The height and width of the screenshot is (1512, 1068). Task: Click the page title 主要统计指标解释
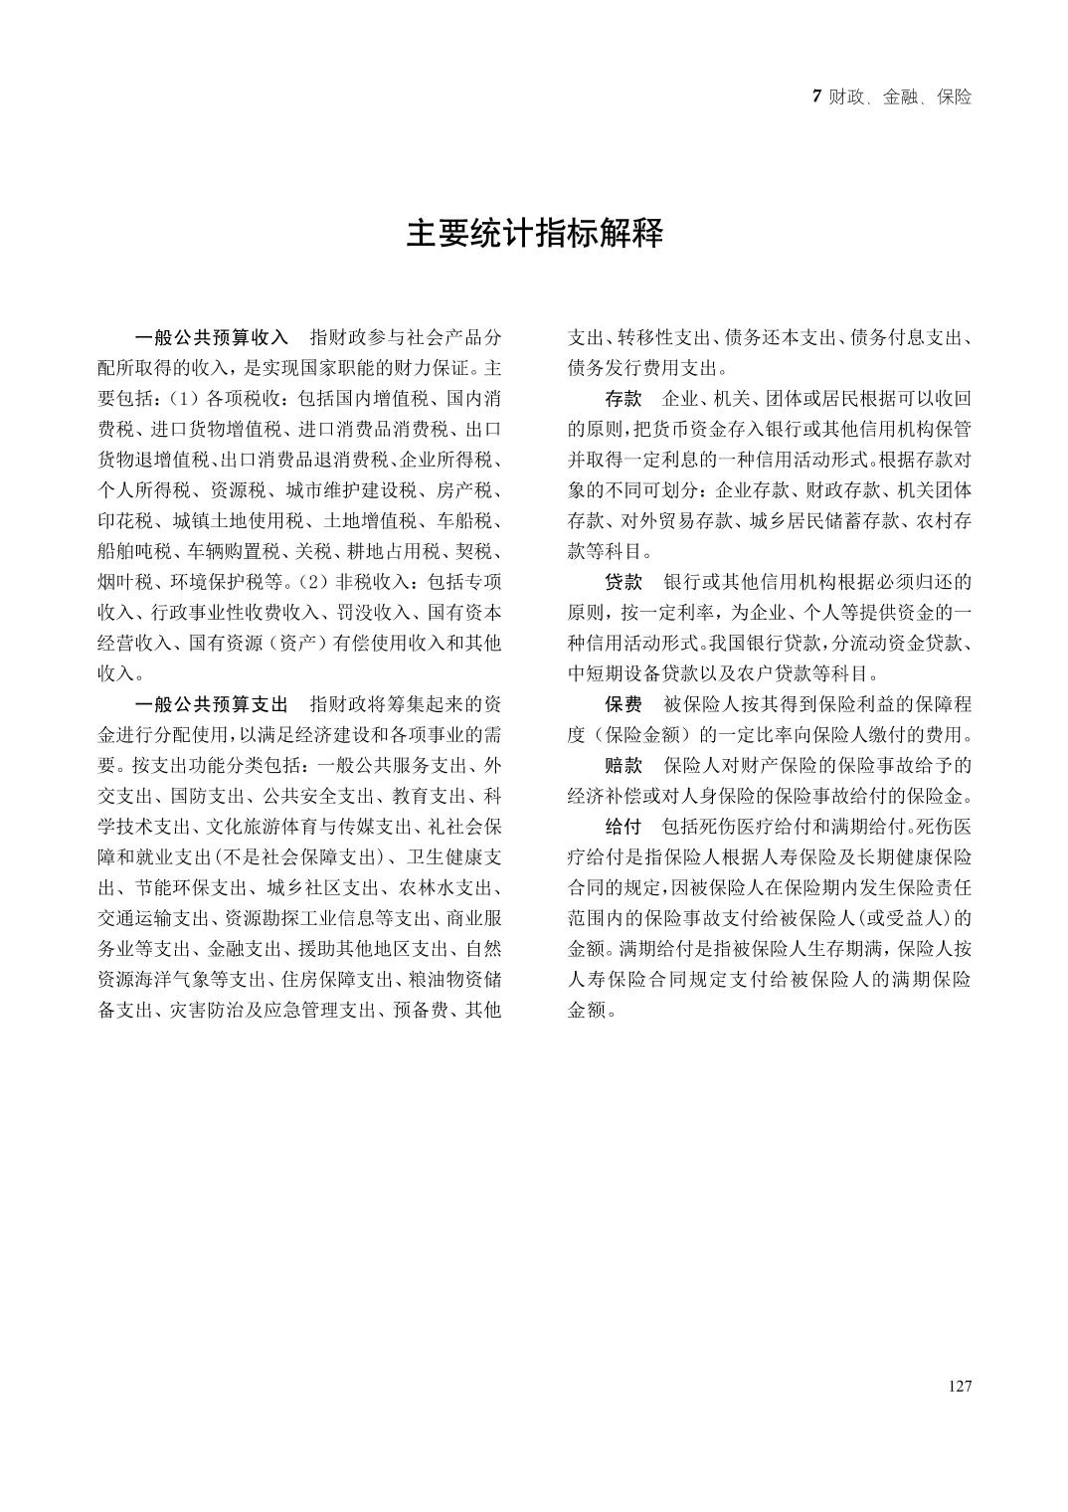coord(534,234)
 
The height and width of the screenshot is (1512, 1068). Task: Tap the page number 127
coord(960,1387)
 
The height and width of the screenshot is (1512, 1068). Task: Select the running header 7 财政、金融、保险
coord(892,97)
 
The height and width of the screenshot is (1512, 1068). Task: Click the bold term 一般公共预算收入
coord(211,337)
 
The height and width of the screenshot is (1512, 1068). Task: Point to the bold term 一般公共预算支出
coord(211,704)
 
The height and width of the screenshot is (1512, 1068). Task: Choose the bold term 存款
coord(623,399)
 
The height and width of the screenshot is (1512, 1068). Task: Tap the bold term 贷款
coord(623,582)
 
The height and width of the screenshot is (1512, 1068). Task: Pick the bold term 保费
coord(623,704)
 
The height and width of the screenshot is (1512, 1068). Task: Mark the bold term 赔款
coord(623,766)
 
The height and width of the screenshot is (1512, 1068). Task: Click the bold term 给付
coord(623,827)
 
